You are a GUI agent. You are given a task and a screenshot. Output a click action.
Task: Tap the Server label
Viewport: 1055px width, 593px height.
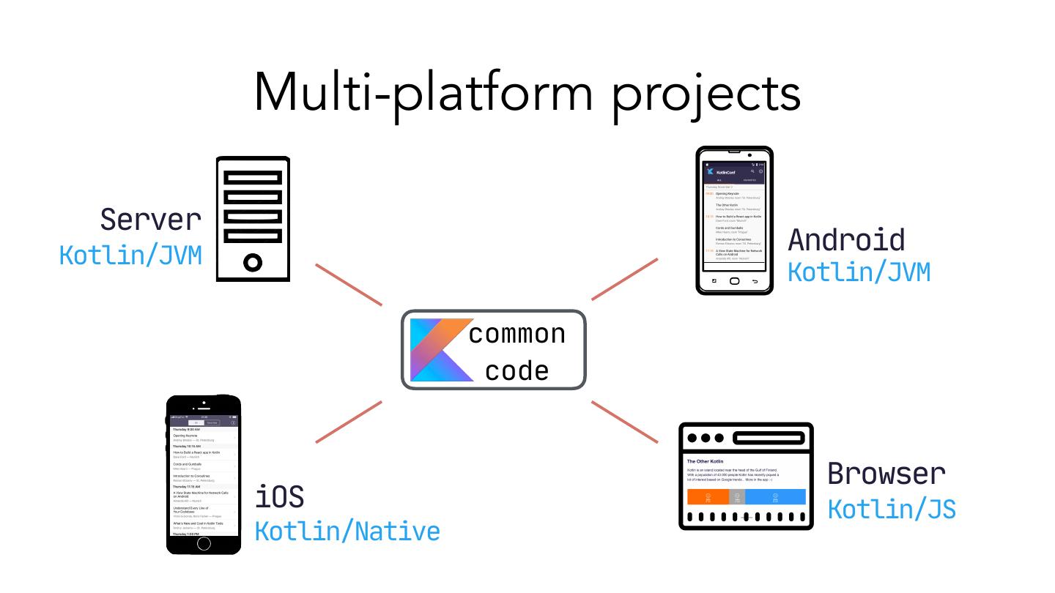point(150,219)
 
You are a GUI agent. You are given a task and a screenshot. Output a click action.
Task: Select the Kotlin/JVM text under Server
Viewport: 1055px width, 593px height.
point(130,256)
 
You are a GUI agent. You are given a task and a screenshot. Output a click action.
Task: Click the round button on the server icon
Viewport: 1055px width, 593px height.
point(253,261)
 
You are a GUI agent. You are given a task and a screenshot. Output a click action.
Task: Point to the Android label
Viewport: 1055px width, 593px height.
point(846,240)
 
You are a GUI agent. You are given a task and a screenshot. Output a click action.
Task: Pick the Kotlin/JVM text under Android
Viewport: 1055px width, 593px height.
point(859,272)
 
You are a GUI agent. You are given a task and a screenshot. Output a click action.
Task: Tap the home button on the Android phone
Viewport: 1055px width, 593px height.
point(734,281)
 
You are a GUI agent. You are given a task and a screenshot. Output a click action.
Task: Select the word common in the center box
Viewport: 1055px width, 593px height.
point(517,334)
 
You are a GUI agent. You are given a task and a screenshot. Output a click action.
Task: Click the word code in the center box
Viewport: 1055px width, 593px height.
point(517,370)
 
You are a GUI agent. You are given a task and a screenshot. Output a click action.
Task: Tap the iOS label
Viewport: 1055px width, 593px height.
point(279,497)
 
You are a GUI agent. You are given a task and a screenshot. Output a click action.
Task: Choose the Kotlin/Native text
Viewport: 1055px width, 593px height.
point(347,531)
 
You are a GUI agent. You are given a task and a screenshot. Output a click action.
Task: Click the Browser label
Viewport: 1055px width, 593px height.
point(886,474)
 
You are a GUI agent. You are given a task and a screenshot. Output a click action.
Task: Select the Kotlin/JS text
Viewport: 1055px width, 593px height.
point(892,508)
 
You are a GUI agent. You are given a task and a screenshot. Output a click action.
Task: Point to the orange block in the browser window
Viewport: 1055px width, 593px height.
point(708,497)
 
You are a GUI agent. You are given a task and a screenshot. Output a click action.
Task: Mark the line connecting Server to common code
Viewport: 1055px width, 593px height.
point(349,284)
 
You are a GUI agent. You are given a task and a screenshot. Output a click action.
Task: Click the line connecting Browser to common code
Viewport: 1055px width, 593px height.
point(624,422)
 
